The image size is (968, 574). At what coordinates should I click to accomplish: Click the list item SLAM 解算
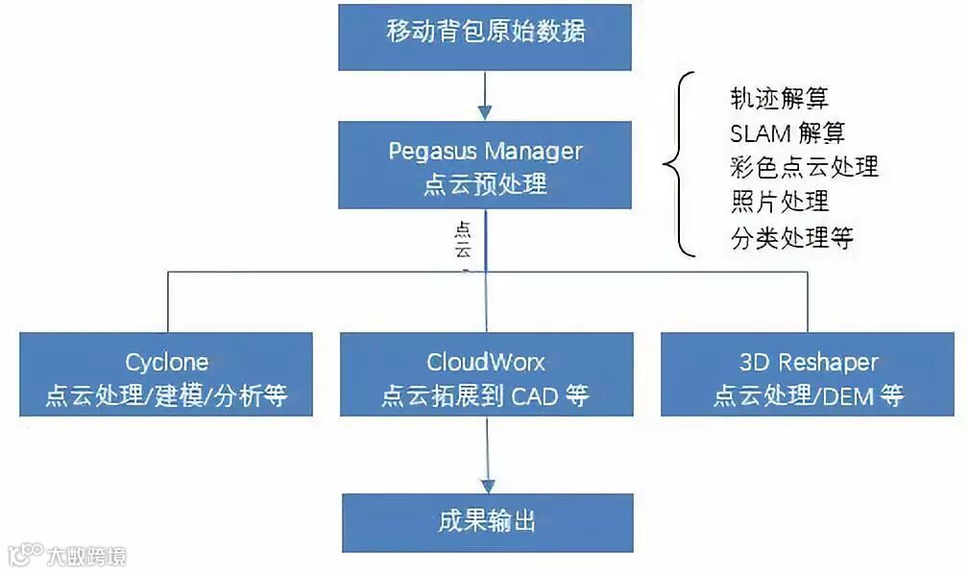[x=787, y=132]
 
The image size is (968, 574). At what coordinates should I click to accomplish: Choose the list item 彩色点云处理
[x=804, y=166]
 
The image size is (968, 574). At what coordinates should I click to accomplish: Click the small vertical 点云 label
[x=463, y=241]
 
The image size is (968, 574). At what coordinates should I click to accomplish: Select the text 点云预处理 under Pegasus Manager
[x=486, y=182]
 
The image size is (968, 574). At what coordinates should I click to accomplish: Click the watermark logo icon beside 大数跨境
[x=26, y=554]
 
